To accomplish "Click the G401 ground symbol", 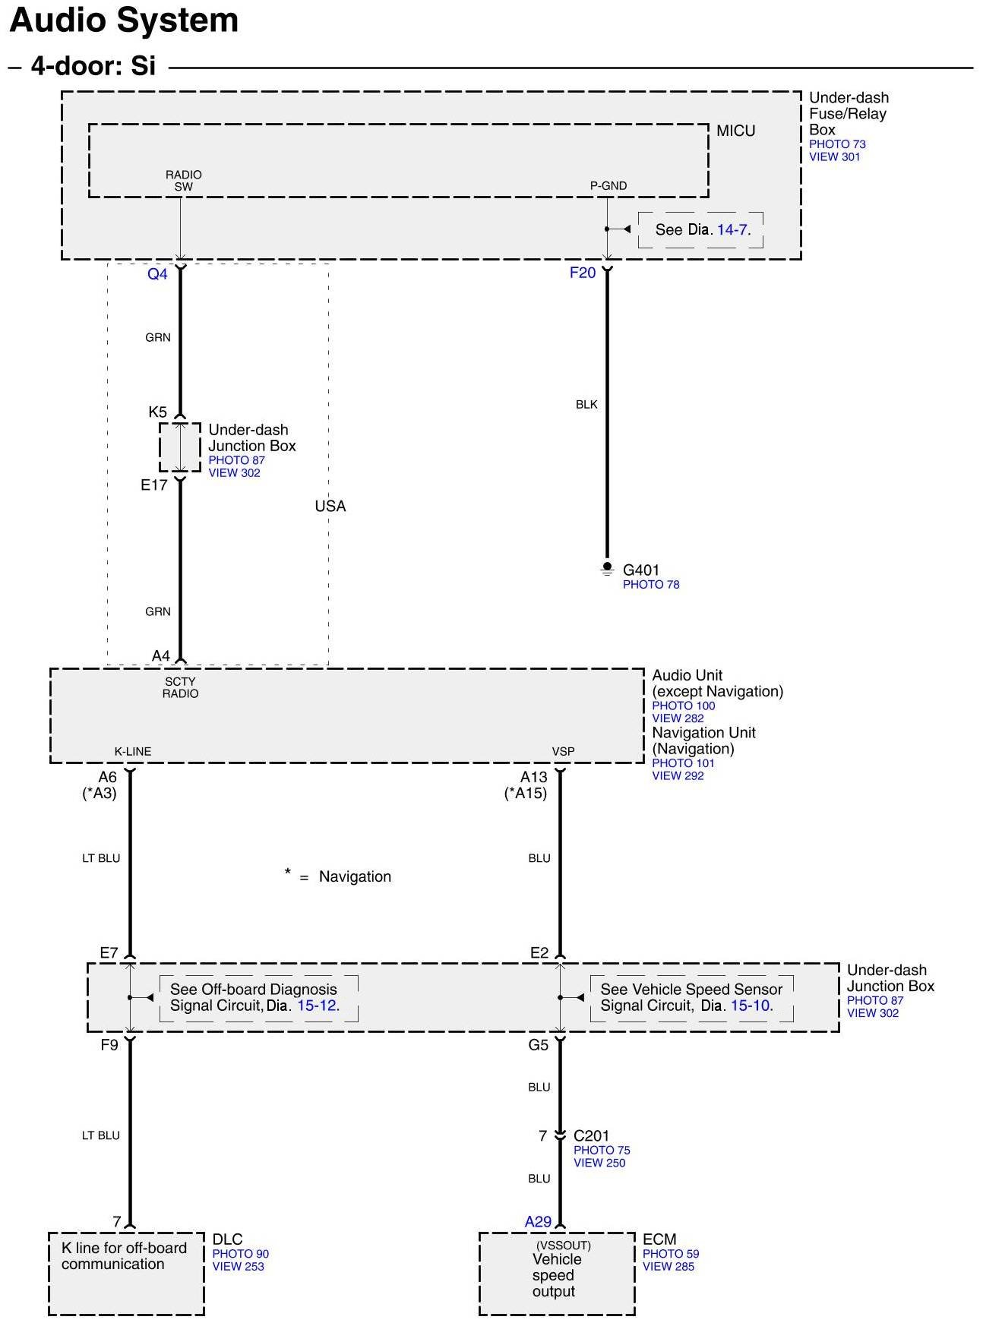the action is [607, 568].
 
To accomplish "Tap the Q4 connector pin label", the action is [157, 273].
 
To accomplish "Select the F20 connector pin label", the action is [583, 273].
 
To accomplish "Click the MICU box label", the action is [735, 131].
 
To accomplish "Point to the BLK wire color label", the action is [586, 405].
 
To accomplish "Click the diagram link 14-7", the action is [732, 230].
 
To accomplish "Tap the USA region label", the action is [330, 506].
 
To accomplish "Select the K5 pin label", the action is [157, 412].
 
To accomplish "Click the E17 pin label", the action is [154, 485].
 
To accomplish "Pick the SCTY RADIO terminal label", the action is [180, 687].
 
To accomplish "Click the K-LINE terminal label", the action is [133, 751].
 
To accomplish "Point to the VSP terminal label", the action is [563, 751].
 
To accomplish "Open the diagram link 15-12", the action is [317, 1006].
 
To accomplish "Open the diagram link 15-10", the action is [751, 1006].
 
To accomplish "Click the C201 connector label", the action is [591, 1135].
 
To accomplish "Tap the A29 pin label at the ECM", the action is [538, 1221].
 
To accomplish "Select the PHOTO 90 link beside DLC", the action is [240, 1254].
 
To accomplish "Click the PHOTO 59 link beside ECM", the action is [671, 1254].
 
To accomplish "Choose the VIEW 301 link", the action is [834, 157].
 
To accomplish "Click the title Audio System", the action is [124, 21].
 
